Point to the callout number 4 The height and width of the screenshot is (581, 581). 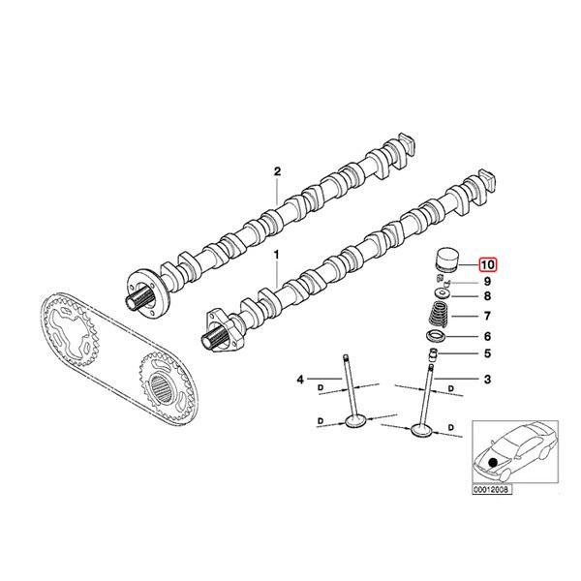(300, 378)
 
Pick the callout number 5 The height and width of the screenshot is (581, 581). (487, 353)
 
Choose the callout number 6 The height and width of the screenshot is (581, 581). (487, 335)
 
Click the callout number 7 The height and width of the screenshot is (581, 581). (487, 316)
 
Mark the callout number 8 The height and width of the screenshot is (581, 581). (487, 296)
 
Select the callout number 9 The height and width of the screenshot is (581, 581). (487, 281)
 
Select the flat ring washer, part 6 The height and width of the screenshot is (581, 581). (439, 336)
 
